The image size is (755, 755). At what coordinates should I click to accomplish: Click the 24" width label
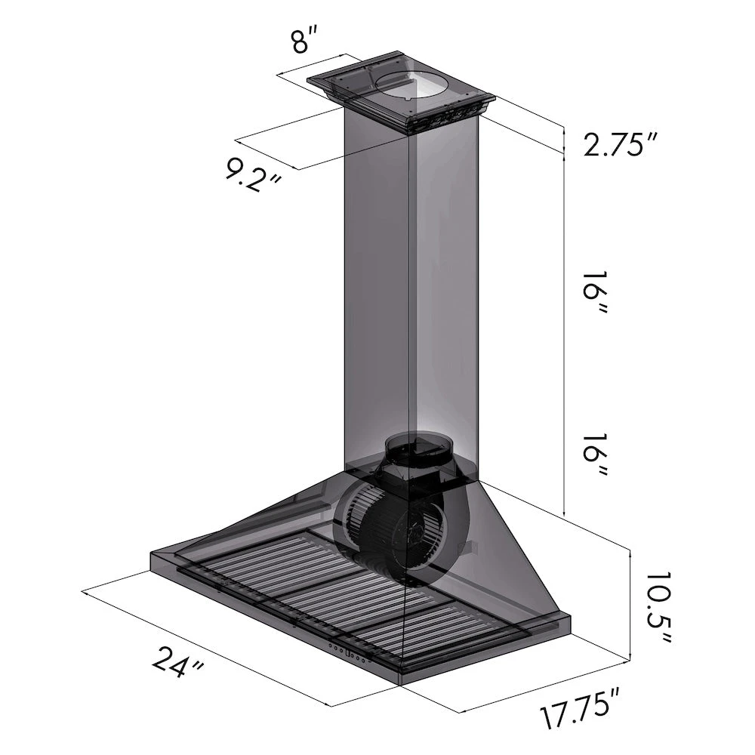[x=179, y=663]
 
